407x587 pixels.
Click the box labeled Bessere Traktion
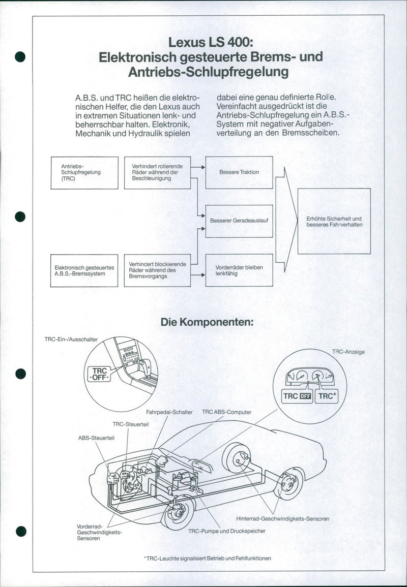[x=239, y=172]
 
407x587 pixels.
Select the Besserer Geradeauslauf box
[x=239, y=221]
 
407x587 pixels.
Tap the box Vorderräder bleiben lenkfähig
[x=239, y=270]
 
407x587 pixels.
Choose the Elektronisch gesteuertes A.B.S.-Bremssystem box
[x=84, y=270]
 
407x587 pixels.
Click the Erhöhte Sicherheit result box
[x=334, y=221]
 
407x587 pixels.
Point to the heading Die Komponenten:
[x=207, y=322]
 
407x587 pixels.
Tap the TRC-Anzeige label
[x=348, y=352]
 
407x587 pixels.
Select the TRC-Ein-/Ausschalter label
[x=71, y=338]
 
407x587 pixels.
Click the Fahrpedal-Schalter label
[x=169, y=412]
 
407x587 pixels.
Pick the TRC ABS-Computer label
[x=226, y=412]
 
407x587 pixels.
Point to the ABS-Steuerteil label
[x=96, y=437]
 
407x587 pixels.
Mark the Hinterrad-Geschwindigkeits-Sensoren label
[x=282, y=519]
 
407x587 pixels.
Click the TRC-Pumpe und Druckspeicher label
[x=226, y=531]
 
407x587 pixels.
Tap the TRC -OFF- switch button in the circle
[x=100, y=375]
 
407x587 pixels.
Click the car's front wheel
[x=178, y=512]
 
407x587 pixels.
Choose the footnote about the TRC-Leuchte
[x=208, y=558]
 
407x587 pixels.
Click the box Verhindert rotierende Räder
[x=157, y=173]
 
